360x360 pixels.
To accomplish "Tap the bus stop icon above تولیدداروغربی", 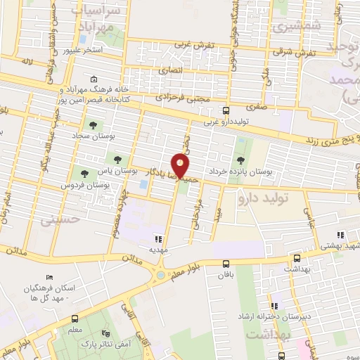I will [226, 110].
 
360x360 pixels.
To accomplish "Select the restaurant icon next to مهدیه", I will [159, 239].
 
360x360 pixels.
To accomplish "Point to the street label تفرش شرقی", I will [294, 52].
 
